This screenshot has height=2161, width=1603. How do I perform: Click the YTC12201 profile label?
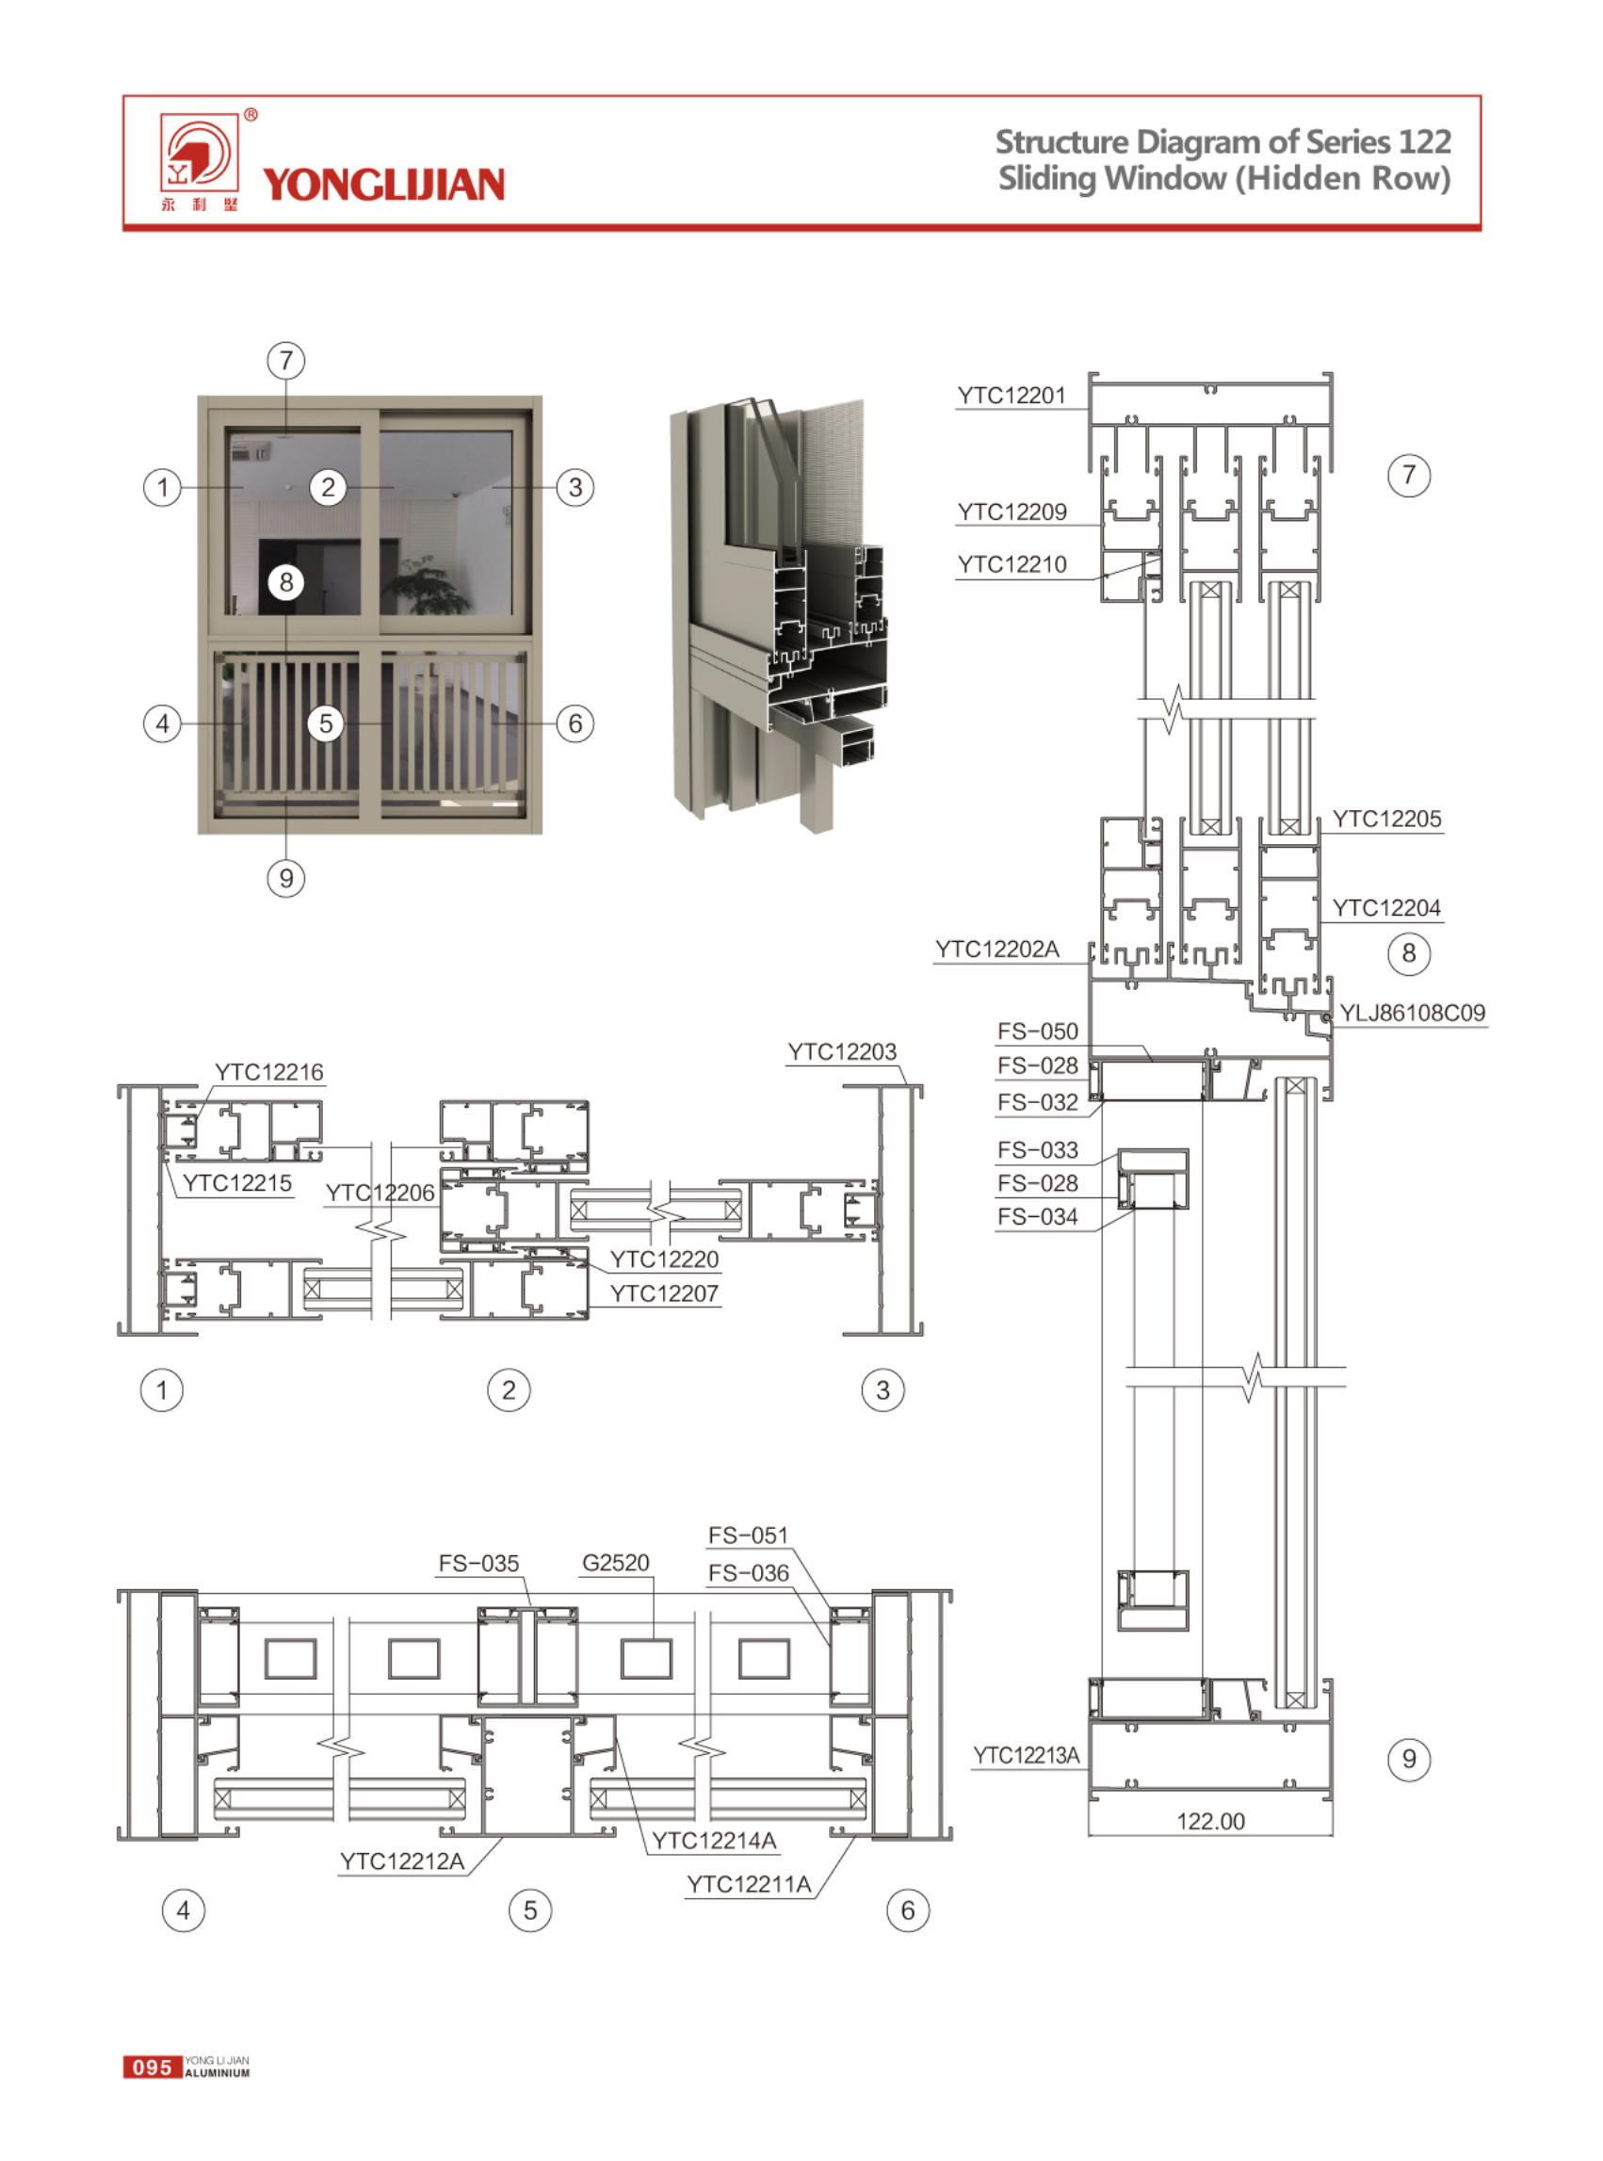1012,396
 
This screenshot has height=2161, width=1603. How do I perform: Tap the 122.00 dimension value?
1210,1821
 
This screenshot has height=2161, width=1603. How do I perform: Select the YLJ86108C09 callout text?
1412,1013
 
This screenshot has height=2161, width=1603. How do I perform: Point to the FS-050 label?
1037,1032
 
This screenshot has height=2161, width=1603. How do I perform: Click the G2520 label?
615,1562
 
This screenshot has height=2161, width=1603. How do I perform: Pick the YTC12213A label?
1026,1754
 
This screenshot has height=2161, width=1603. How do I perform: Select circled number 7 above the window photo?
285,361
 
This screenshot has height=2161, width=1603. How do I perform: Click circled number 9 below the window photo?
285,878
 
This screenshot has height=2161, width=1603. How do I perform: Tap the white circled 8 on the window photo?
285,582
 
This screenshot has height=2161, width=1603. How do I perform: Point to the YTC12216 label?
268,1072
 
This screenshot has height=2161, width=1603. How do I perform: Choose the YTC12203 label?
841,1052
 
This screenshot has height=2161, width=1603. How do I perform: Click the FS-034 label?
1037,1217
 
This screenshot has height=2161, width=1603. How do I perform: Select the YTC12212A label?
402,1861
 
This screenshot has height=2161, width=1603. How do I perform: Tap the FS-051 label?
748,1535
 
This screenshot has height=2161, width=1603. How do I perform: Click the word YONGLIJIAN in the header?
383,185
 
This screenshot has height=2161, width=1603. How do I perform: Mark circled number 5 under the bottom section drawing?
530,1910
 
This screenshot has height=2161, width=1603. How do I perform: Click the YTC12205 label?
1385,819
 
